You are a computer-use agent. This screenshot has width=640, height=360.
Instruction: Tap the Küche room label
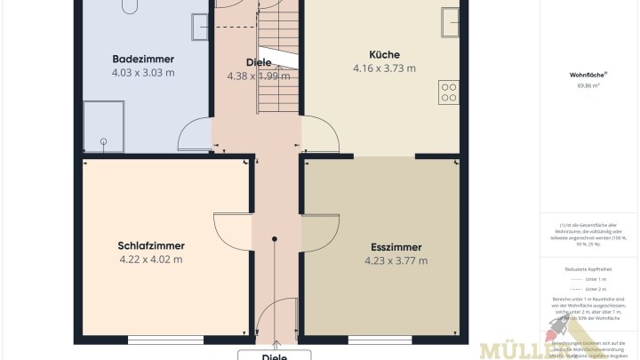(384, 54)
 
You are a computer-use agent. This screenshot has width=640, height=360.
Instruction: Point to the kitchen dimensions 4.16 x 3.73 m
(384, 68)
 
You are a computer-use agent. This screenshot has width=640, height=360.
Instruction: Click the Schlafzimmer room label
(150, 246)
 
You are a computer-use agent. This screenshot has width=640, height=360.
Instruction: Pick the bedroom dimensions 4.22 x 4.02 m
(150, 260)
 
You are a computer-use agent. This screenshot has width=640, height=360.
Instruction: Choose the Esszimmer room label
(396, 247)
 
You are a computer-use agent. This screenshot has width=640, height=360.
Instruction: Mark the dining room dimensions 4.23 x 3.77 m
(396, 261)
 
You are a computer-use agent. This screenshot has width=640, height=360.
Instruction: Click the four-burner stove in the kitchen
(449, 91)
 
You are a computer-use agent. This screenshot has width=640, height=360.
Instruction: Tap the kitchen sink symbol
(451, 20)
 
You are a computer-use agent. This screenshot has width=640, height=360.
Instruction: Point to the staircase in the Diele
(277, 62)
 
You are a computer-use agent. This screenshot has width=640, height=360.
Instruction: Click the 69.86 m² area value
(589, 86)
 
